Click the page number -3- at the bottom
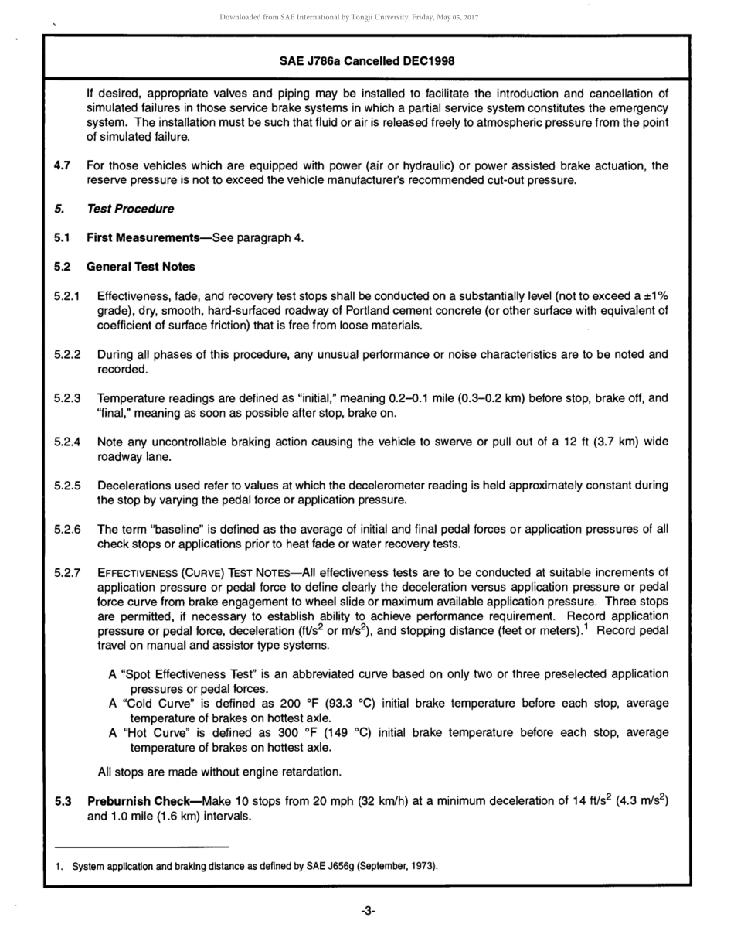[x=368, y=912]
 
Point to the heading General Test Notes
[x=141, y=267]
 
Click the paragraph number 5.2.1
[x=68, y=296]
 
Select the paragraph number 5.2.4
[x=68, y=442]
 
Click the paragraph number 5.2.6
[x=68, y=530]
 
